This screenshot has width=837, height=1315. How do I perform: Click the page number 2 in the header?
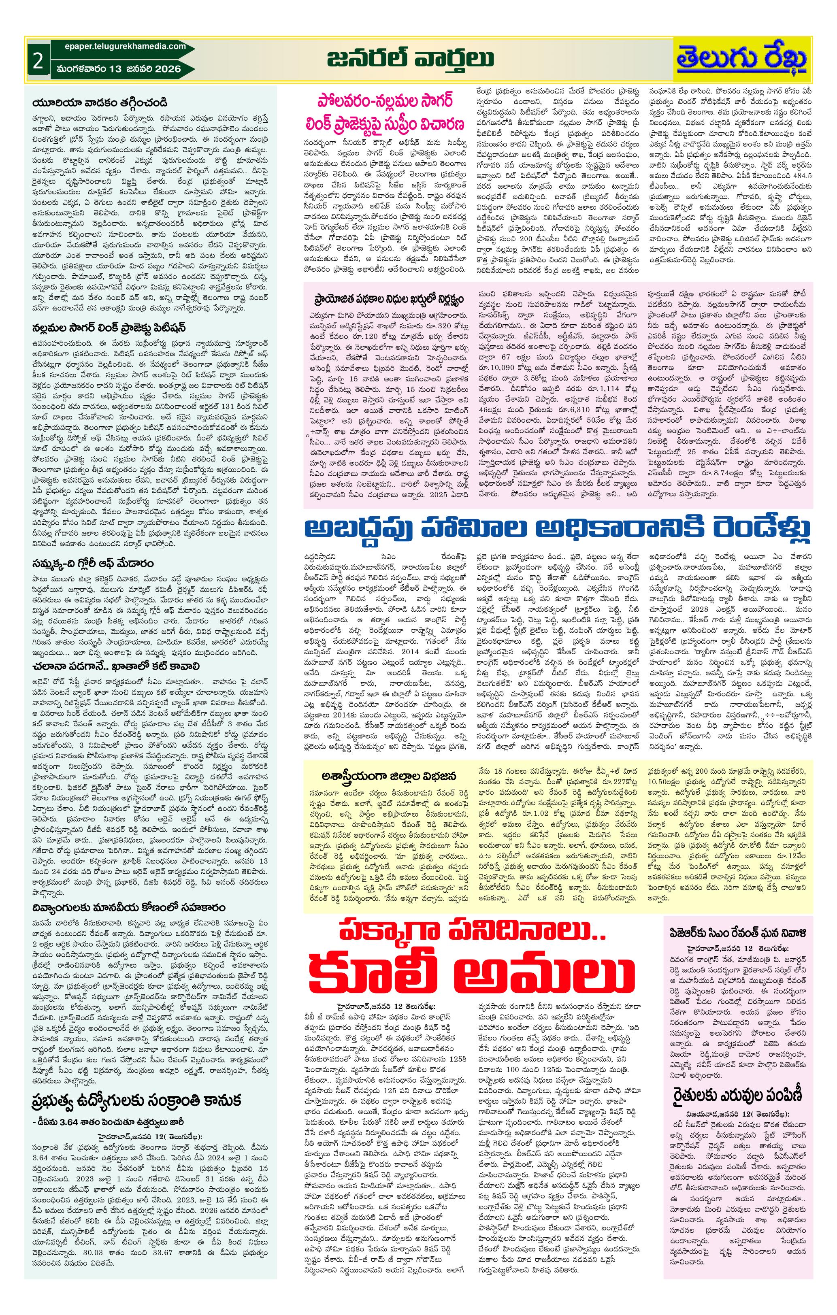(37, 61)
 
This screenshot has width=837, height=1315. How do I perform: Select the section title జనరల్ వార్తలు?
(410, 58)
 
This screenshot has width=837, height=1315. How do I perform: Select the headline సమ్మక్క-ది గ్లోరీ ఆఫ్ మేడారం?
(92, 562)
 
